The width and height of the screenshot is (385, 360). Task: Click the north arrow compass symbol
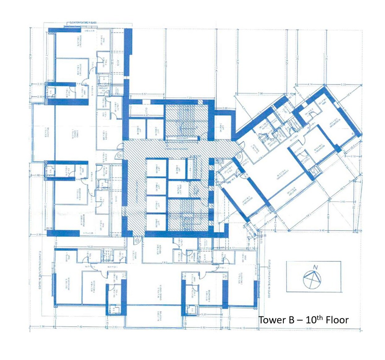tap(312, 279)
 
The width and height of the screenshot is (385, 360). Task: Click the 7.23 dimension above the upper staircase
tap(189, 98)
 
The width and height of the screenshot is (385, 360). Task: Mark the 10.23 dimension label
tap(90, 247)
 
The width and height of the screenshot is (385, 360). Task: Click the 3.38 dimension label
tap(42, 327)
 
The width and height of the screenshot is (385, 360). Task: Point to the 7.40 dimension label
tap(80, 327)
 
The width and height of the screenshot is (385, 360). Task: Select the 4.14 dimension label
tap(310, 84)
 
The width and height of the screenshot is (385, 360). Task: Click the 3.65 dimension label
tap(343, 202)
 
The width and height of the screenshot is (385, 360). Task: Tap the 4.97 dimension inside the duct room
tap(147, 115)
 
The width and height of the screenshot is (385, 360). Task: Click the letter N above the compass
tap(315, 267)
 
